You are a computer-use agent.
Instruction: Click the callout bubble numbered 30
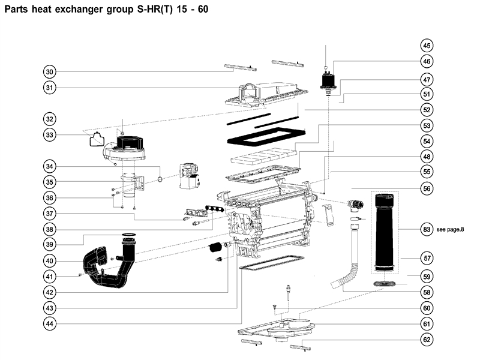pos(50,72)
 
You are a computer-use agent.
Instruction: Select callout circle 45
pos(427,46)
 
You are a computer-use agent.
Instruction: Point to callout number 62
pos(427,340)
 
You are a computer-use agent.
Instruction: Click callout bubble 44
pos(50,324)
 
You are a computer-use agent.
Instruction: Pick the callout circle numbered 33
pos(50,135)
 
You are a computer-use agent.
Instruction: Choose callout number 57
pos(427,258)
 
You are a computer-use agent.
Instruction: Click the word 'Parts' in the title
pos(17,10)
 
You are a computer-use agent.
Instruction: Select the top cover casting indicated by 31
pos(264,93)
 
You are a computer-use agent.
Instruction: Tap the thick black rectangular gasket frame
pos(264,137)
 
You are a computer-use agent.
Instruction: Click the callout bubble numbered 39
pos(50,244)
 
